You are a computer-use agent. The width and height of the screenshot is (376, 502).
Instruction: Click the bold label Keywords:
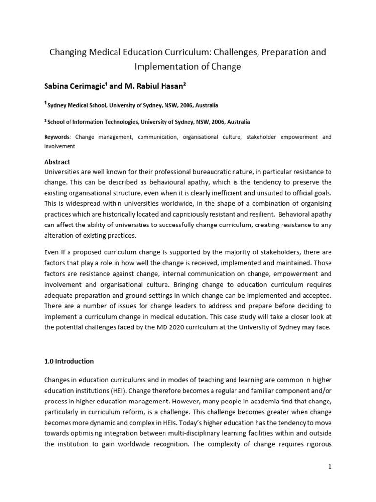click(x=58, y=137)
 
